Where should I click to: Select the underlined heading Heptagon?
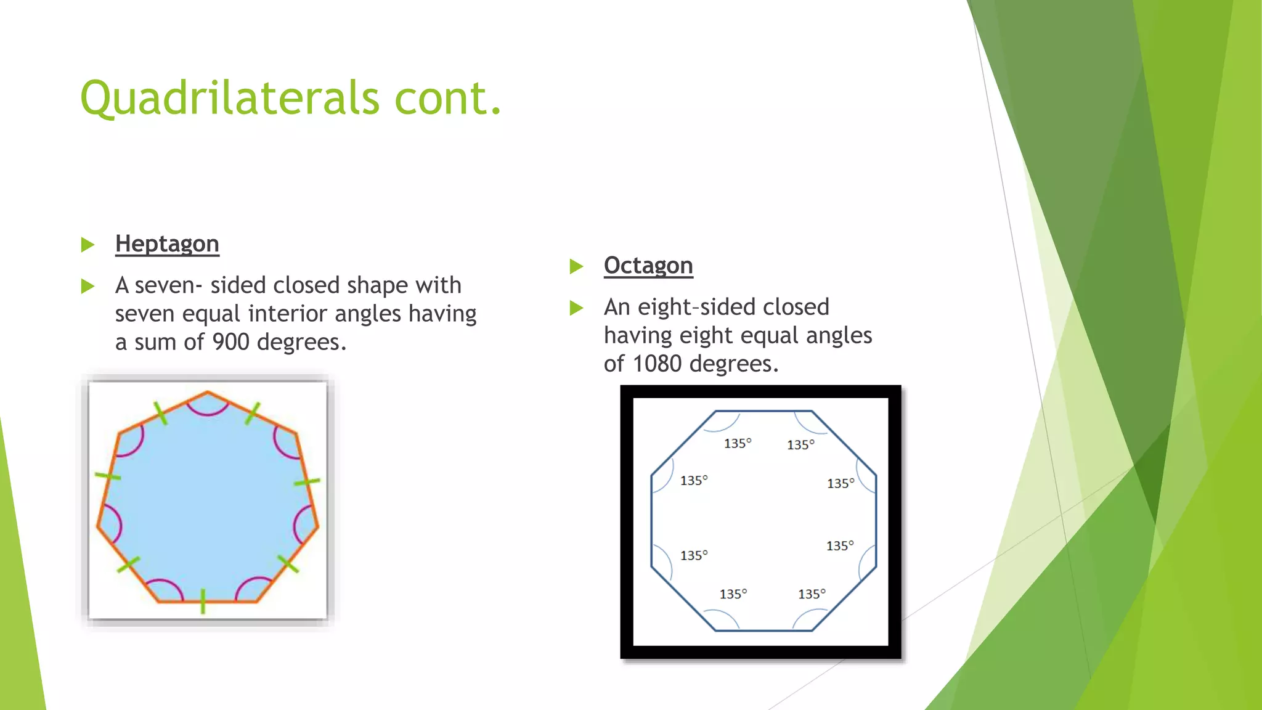(x=167, y=244)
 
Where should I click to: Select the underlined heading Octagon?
(x=648, y=266)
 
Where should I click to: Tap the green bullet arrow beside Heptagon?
(x=88, y=245)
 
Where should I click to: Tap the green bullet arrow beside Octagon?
(x=577, y=266)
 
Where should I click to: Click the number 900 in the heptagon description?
(x=230, y=342)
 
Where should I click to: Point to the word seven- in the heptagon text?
(x=168, y=285)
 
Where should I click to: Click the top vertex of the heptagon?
(x=208, y=391)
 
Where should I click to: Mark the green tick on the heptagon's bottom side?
(x=203, y=601)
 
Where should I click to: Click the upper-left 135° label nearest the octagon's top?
(x=738, y=444)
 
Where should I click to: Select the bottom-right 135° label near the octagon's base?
(x=812, y=594)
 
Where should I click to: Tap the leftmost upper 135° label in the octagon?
(x=694, y=481)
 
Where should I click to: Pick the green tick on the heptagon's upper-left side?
(x=160, y=413)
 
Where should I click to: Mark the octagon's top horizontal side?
(x=763, y=411)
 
